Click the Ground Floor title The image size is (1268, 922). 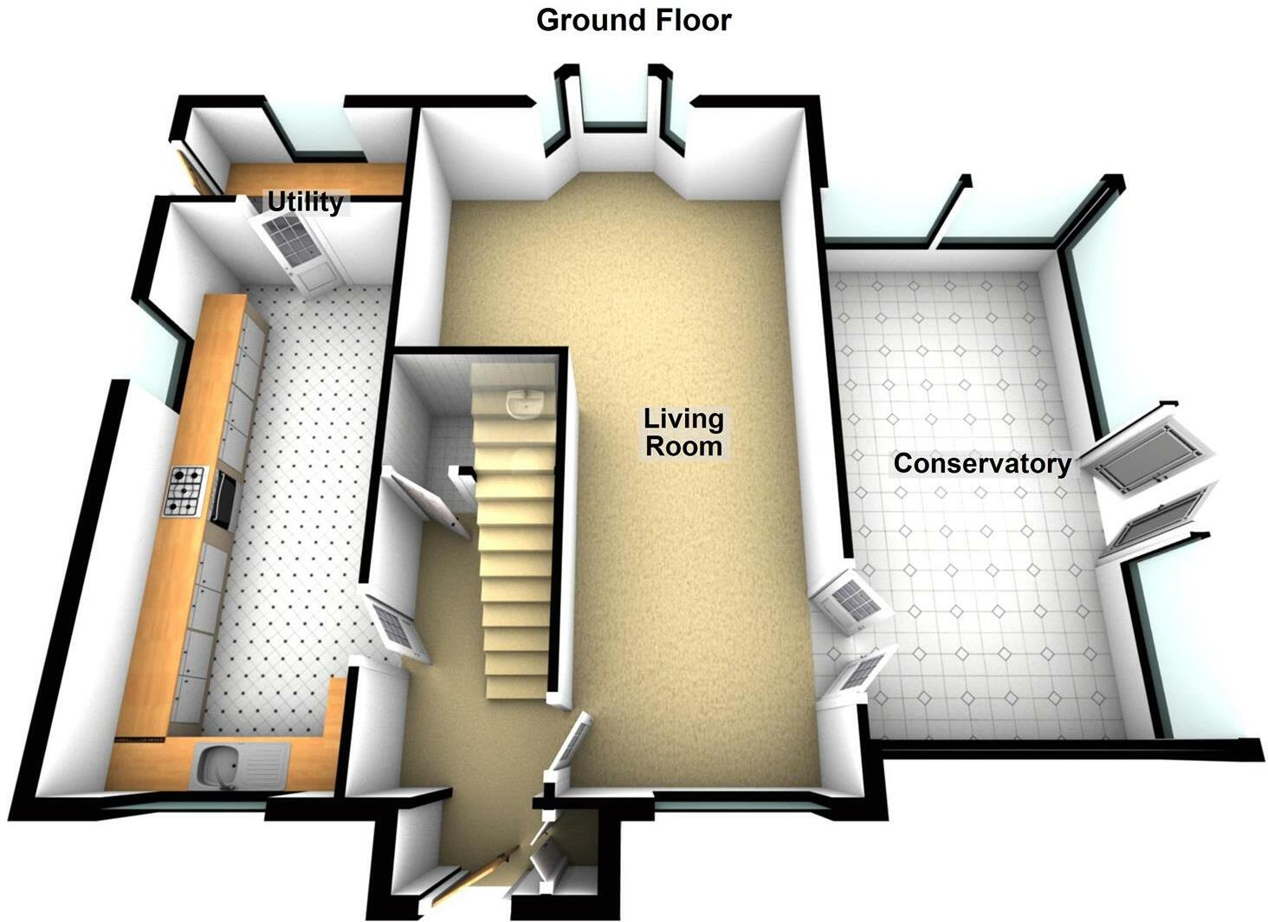pyautogui.click(x=633, y=19)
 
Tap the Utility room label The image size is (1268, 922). pyautogui.click(x=305, y=203)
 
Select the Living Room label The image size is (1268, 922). pyautogui.click(x=683, y=432)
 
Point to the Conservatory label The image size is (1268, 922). pyautogui.click(x=981, y=463)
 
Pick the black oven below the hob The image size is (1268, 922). pyautogui.click(x=220, y=500)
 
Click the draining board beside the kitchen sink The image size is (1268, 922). pyautogui.click(x=264, y=766)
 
